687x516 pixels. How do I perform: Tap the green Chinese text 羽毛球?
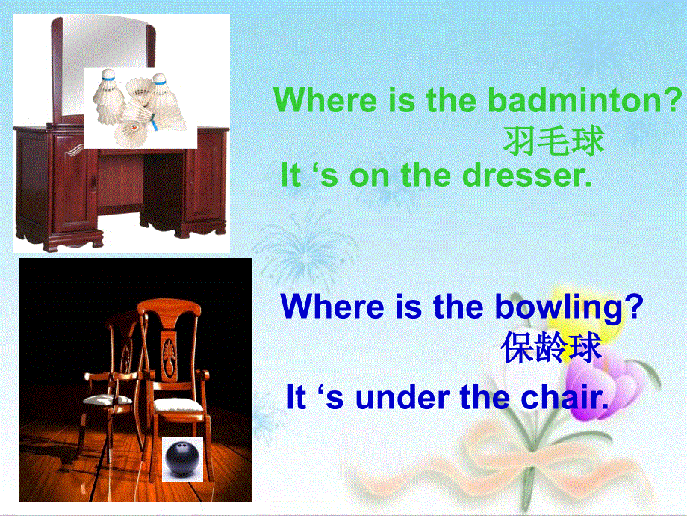point(553,140)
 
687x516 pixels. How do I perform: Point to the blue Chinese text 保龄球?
point(552,348)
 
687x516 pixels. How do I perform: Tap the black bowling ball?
point(182,457)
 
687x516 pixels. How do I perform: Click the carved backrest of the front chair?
point(172,344)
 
